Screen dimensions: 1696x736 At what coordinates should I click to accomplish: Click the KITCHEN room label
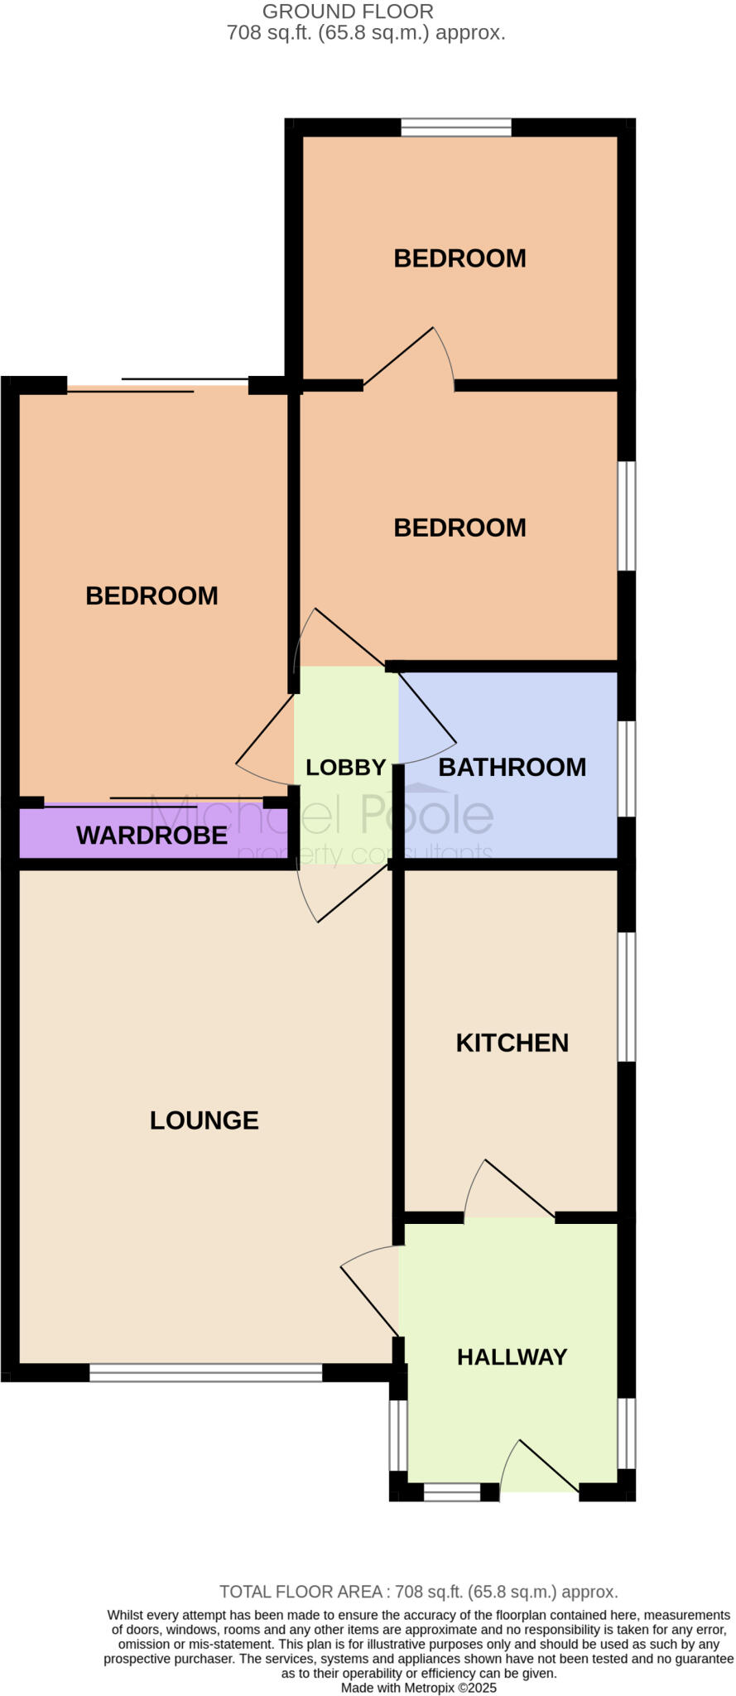pyautogui.click(x=512, y=1043)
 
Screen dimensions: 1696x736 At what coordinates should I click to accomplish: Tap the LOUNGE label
pyautogui.click(x=204, y=1120)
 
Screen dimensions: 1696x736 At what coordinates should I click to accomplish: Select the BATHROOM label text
pyautogui.click(x=512, y=767)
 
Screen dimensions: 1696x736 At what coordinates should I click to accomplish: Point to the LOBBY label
pyautogui.click(x=346, y=768)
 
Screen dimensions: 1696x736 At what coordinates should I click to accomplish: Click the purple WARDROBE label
pyautogui.click(x=152, y=835)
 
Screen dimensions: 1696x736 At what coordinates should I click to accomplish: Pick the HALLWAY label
pyautogui.click(x=512, y=1356)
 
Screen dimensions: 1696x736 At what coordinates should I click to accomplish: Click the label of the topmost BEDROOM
pyautogui.click(x=459, y=258)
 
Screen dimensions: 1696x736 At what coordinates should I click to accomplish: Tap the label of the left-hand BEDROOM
pyautogui.click(x=152, y=595)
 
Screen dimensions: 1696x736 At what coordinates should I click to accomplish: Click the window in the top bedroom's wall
pyautogui.click(x=456, y=128)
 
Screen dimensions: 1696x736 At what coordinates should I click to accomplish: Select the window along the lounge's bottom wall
pyautogui.click(x=205, y=1372)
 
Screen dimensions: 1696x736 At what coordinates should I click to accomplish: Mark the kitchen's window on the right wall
pyautogui.click(x=628, y=996)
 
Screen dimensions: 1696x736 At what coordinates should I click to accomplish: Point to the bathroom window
pyautogui.click(x=628, y=768)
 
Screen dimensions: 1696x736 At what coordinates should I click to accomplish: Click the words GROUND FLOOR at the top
pyautogui.click(x=348, y=12)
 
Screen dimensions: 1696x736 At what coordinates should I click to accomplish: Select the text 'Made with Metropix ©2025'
pyautogui.click(x=418, y=1688)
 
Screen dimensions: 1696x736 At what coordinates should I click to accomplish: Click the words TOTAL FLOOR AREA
pyautogui.click(x=300, y=1592)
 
